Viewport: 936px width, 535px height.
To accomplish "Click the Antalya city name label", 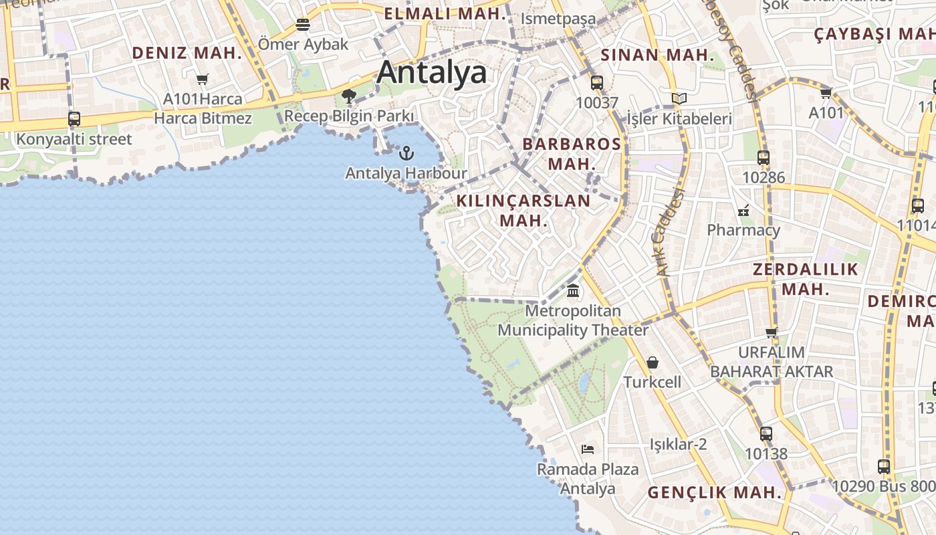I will [431, 72].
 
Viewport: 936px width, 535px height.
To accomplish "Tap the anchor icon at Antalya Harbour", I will [406, 153].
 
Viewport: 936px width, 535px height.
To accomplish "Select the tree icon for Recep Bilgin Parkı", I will [348, 96].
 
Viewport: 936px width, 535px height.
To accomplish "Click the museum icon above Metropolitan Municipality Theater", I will [573, 291].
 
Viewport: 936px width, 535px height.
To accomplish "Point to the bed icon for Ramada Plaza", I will [588, 449].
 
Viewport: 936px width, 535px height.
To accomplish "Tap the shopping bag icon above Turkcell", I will [653, 362].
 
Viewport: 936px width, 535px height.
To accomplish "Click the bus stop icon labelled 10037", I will [597, 83].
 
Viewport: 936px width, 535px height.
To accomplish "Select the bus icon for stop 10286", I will [764, 158].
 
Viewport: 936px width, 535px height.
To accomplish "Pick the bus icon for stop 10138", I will [766, 434].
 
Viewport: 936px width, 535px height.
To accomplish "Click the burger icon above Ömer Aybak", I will [303, 25].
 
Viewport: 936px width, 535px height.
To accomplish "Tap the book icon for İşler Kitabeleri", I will [679, 99].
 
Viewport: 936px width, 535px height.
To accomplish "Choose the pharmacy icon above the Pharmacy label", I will [743, 211].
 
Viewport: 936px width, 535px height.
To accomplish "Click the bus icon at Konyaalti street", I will [74, 119].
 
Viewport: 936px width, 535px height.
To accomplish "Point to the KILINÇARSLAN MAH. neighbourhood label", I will [523, 210].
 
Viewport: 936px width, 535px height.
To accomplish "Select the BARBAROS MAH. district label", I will [572, 153].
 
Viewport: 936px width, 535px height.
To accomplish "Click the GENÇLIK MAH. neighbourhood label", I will [715, 493].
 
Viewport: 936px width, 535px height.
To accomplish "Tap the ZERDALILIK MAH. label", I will [805, 279].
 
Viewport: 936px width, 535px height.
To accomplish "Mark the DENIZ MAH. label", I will [187, 53].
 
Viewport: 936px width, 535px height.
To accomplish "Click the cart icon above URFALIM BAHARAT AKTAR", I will [772, 332].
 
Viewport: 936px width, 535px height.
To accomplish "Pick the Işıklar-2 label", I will [678, 444].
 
